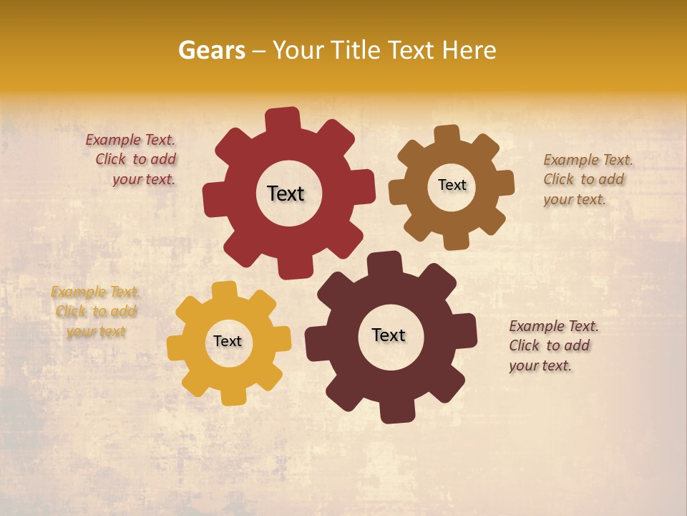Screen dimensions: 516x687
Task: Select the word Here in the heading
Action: point(469,50)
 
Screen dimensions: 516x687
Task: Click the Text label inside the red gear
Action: point(286,193)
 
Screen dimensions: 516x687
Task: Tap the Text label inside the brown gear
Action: point(452,185)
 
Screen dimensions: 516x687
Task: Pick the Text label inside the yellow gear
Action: point(228,341)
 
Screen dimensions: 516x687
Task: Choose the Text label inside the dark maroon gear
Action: point(389,335)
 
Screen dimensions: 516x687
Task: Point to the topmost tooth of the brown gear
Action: point(447,134)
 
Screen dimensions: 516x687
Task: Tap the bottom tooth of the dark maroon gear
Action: point(396,412)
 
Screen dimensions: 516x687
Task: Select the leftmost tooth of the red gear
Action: point(213,198)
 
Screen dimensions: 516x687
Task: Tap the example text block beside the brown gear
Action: point(587,179)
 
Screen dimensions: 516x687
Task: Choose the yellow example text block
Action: point(95,312)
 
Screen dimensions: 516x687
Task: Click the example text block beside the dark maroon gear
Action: point(552,345)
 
